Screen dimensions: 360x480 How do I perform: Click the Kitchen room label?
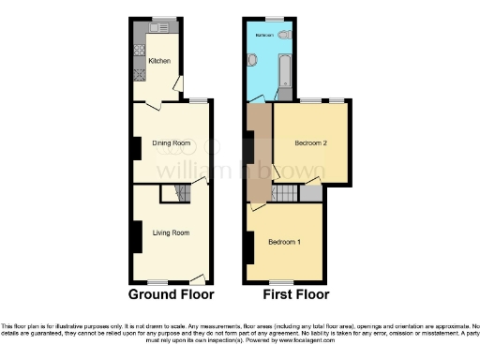tap(159, 62)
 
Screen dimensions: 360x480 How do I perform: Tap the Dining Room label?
tap(171, 142)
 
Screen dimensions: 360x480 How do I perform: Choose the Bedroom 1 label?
tap(285, 242)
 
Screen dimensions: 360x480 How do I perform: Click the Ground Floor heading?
tap(171, 294)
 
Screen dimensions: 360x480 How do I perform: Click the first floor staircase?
tap(284, 193)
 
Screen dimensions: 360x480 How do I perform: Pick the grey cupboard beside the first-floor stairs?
tap(311, 193)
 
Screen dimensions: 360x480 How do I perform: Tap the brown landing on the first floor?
tap(258, 155)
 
